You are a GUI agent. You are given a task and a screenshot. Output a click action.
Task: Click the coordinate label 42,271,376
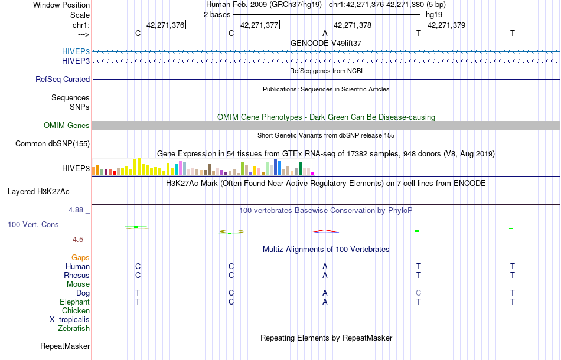point(165,25)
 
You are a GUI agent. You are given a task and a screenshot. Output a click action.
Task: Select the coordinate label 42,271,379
point(446,25)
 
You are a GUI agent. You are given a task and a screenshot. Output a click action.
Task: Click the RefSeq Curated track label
point(63,79)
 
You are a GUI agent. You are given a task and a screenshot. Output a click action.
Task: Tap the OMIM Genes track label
point(67,125)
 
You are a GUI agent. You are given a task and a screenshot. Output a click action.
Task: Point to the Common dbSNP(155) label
point(53,143)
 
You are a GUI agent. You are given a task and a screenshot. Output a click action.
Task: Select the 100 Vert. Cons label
point(33,225)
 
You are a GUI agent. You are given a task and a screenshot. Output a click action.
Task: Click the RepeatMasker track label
point(65,346)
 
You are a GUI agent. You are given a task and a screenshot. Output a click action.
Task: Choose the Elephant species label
point(74,302)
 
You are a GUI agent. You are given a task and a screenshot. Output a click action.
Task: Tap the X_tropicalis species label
point(70,319)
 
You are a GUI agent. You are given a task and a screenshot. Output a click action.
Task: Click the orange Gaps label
point(80,257)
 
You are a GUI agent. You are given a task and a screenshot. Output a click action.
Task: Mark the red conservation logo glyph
point(325,230)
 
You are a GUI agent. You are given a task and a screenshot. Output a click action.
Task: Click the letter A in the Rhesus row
point(325,275)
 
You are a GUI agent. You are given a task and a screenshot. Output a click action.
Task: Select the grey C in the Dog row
point(418,293)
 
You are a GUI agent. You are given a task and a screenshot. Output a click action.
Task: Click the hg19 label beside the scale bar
point(433,14)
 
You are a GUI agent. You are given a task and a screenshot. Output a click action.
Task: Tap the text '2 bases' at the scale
point(216,14)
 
